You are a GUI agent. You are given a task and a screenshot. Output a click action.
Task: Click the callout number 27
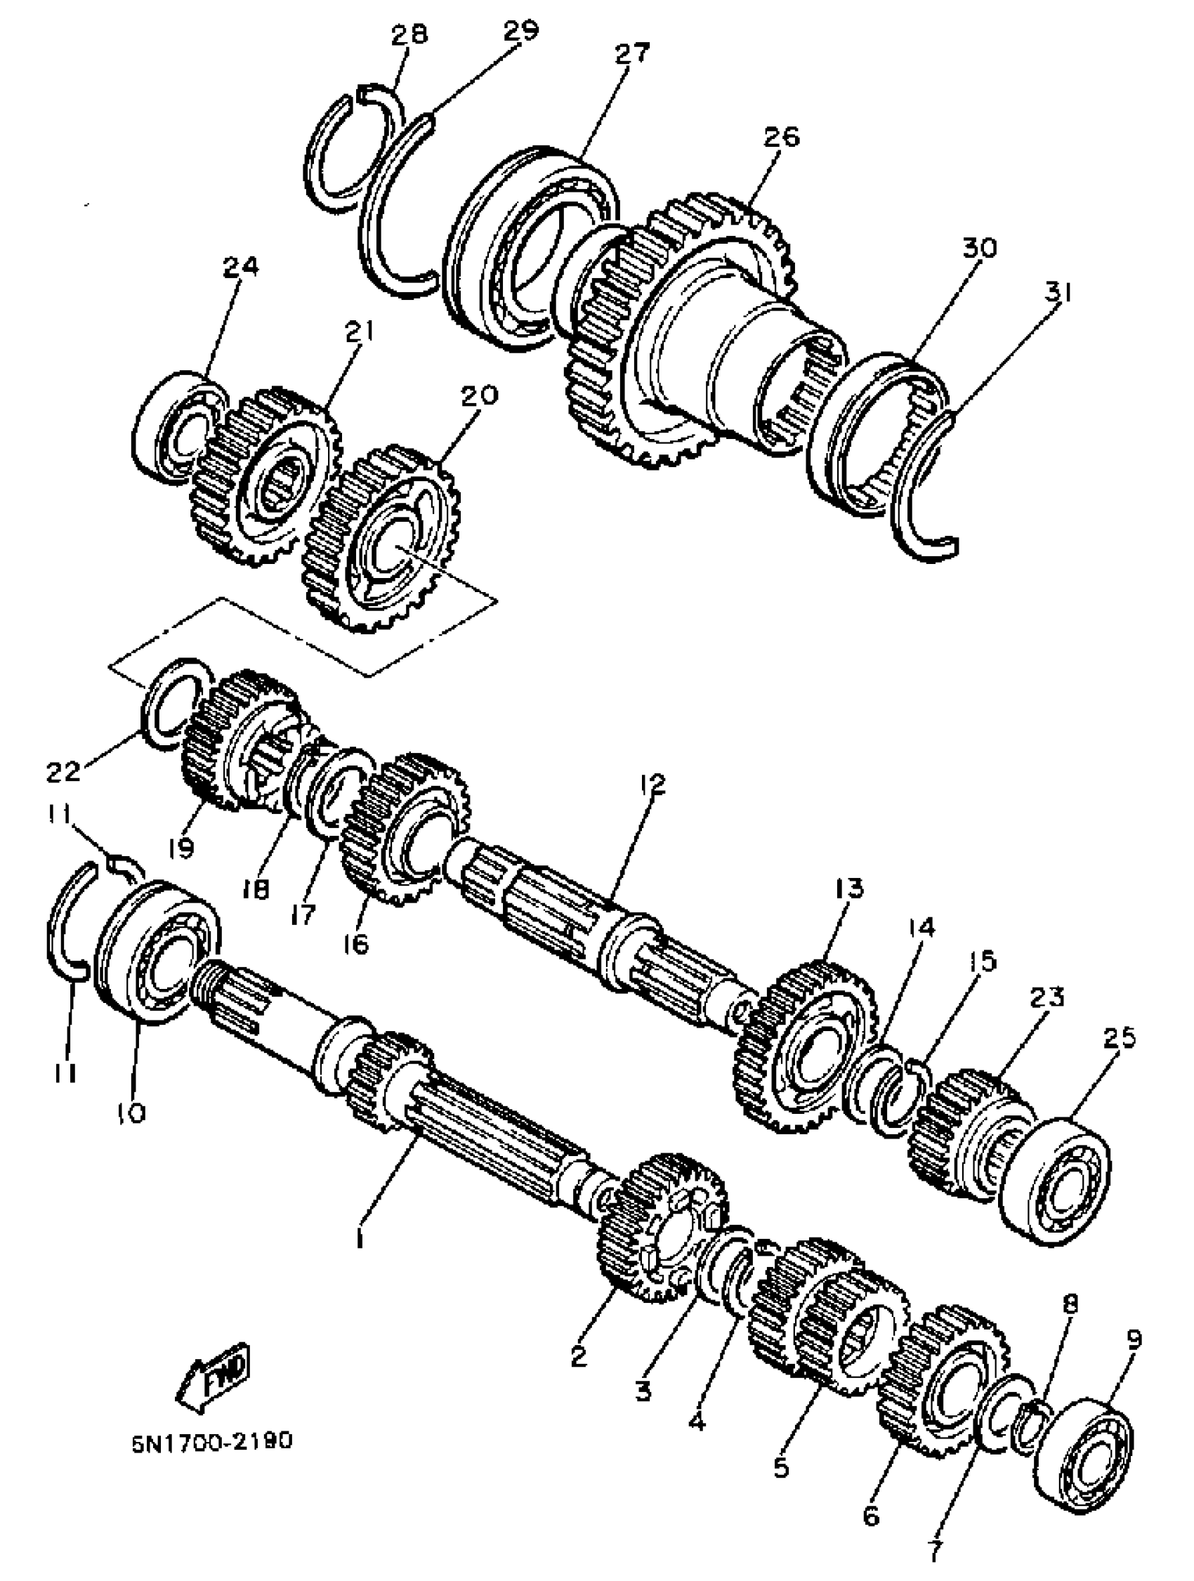click(x=632, y=54)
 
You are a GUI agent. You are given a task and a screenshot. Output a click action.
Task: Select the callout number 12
click(x=652, y=785)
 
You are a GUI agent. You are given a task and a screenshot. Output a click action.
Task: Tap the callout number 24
click(x=240, y=268)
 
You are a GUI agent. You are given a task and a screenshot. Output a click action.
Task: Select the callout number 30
click(x=978, y=249)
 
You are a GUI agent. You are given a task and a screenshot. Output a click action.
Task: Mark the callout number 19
click(x=181, y=848)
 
